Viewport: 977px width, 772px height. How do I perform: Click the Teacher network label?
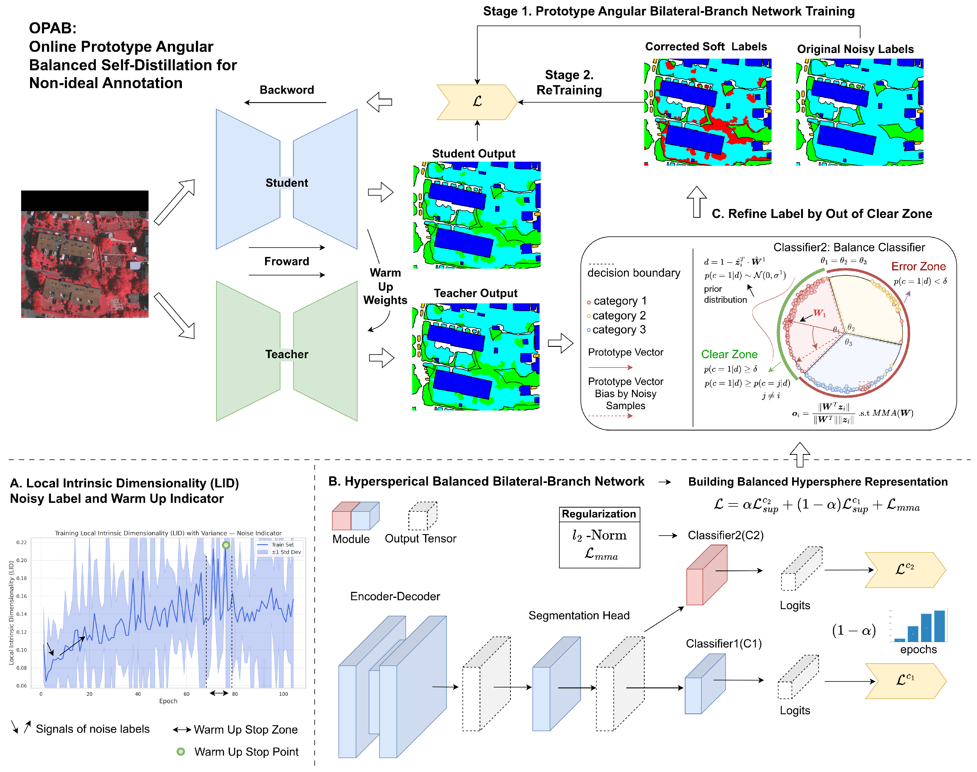(286, 354)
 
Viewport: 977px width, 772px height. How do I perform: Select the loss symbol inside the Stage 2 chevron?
(477, 102)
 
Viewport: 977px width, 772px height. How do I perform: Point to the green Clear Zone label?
(729, 354)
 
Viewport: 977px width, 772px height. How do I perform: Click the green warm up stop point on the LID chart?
(226, 545)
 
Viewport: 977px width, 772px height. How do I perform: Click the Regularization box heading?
(599, 514)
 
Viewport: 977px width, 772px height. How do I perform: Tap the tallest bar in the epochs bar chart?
(939, 626)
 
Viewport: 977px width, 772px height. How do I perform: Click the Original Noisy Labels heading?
(855, 49)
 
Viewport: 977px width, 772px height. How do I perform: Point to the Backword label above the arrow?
(286, 90)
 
